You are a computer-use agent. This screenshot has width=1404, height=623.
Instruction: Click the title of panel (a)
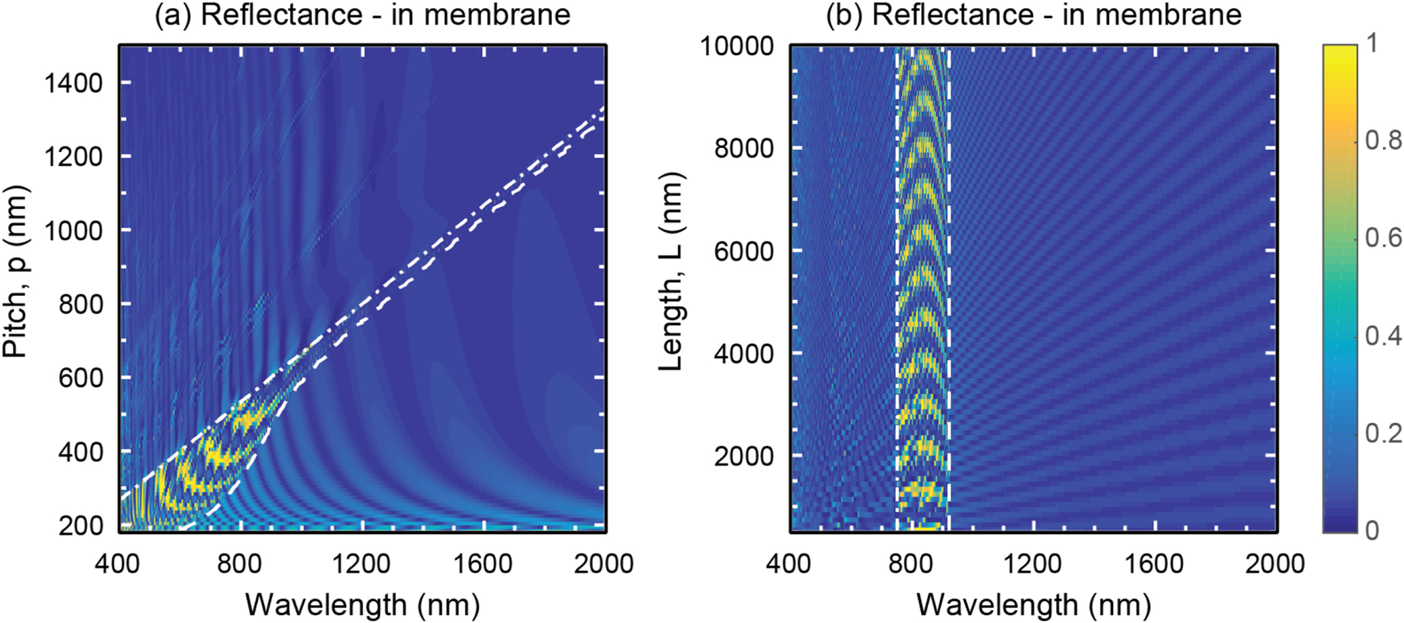tap(362, 15)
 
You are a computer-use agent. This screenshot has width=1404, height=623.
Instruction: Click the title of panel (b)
tap(1033, 15)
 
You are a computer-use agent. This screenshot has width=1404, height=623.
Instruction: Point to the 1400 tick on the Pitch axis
tap(73, 83)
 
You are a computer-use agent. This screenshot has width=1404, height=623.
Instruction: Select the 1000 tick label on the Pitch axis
tap(73, 231)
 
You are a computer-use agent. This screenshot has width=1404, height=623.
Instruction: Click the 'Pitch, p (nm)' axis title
tap(15, 271)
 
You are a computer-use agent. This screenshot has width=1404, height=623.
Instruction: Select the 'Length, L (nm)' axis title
tap(671, 271)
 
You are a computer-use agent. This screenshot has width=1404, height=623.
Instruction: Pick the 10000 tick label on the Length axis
tap(737, 46)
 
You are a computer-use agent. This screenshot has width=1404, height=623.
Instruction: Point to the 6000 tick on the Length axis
tap(743, 251)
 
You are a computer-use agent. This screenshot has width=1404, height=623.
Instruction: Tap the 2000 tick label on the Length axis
tap(743, 456)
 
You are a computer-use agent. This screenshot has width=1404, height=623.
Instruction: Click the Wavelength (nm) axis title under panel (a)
tap(362, 604)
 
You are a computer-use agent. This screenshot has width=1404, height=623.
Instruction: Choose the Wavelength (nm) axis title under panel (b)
tap(1033, 604)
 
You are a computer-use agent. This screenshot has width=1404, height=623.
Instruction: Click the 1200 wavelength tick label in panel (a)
tap(362, 563)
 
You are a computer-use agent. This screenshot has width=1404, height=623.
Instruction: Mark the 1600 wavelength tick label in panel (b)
tap(1154, 563)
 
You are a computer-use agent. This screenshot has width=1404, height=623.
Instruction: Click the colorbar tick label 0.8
tap(1382, 140)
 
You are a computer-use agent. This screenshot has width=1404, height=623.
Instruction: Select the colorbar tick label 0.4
tap(1382, 335)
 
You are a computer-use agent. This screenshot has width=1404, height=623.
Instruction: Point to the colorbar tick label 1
tap(1371, 43)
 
